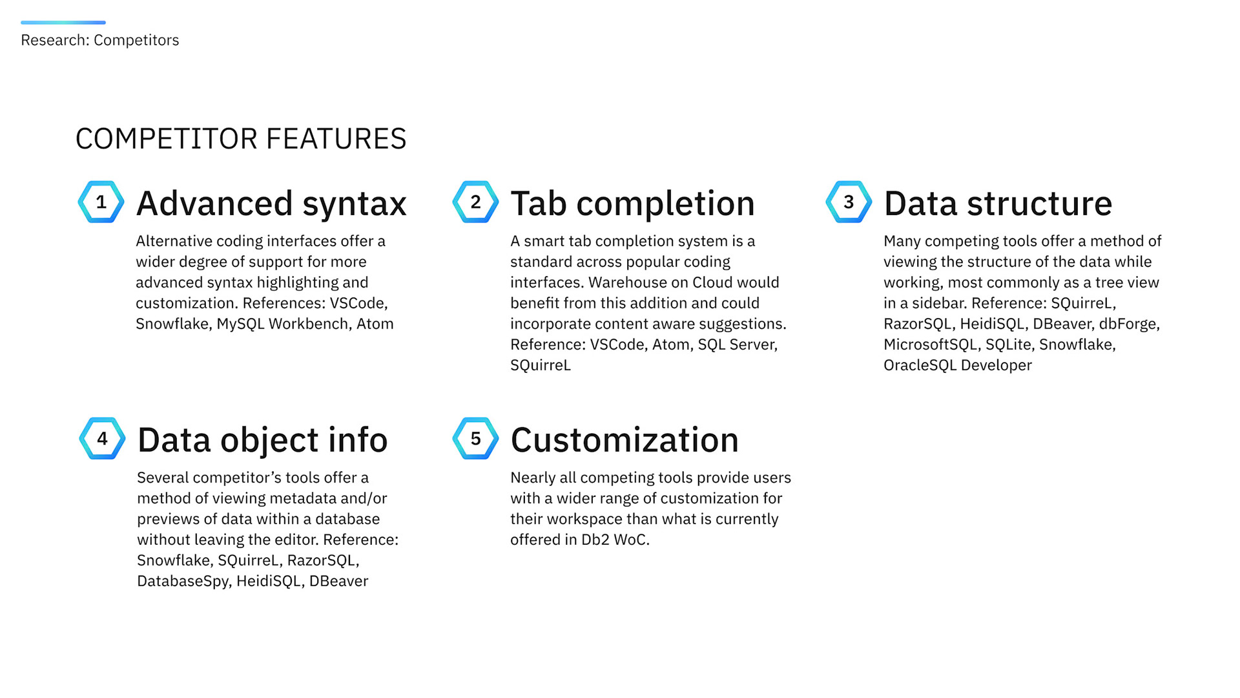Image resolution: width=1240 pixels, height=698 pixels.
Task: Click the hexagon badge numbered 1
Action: (101, 202)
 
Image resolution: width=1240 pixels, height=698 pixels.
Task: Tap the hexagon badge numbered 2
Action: (475, 202)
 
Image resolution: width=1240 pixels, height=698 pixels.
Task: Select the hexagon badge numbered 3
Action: (849, 202)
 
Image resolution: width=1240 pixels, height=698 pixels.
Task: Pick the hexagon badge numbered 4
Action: (102, 439)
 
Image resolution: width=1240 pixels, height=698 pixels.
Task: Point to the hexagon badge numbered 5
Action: (475, 439)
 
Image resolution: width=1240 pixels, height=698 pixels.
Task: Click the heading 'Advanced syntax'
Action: (271, 204)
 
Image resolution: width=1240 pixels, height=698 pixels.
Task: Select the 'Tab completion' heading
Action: (632, 204)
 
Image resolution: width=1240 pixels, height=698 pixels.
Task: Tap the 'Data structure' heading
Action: (998, 204)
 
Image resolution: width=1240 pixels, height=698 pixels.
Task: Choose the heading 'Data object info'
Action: (262, 440)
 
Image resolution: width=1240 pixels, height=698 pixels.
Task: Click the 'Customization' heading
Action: (625, 440)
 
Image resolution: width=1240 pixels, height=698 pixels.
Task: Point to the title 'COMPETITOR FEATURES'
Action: (241, 139)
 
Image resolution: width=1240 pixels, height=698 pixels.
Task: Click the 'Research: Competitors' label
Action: (100, 40)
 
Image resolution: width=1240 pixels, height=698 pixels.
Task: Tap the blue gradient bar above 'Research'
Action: (63, 23)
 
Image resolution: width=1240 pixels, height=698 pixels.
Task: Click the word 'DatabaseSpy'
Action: (183, 581)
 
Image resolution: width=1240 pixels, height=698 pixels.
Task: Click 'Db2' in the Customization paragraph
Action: (595, 540)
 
